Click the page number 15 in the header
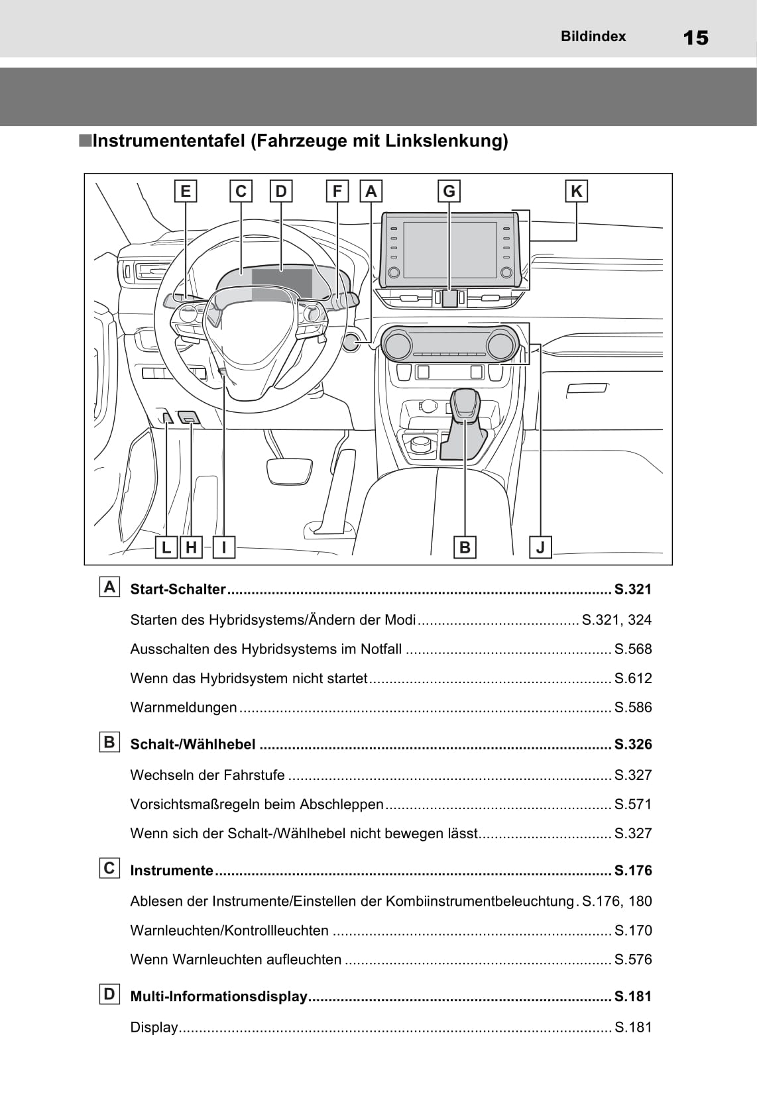(x=695, y=38)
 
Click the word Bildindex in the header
(x=593, y=36)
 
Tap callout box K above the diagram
(x=576, y=192)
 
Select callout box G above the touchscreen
(x=449, y=192)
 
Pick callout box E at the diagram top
(x=185, y=192)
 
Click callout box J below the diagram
(x=540, y=547)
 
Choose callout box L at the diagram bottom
(x=166, y=547)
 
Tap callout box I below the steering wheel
(x=224, y=547)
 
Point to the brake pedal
(x=289, y=470)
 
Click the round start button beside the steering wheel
(x=351, y=341)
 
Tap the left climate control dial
(x=398, y=345)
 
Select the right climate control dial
(x=500, y=345)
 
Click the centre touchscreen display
(x=449, y=250)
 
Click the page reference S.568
(x=632, y=649)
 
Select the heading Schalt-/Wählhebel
(x=193, y=745)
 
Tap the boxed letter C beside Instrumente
(x=109, y=868)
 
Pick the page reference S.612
(x=632, y=679)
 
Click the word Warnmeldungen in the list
(x=184, y=708)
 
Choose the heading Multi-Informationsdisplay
(x=219, y=997)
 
